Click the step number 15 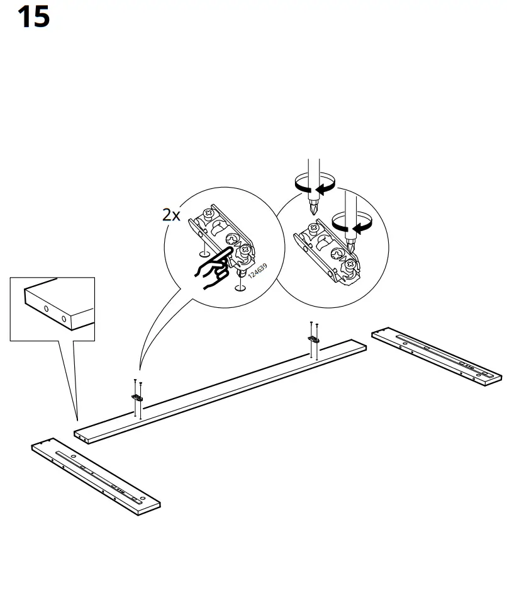pos(33,17)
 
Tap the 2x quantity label pos(171,215)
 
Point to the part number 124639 pos(257,271)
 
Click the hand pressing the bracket pos(212,270)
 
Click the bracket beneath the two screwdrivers pos(328,249)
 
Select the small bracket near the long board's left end pos(137,397)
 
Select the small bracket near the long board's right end pos(313,339)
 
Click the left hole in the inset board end pos(47,309)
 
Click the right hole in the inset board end pos(64,319)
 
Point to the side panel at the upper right pos(437,354)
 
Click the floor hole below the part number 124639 pos(239,288)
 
